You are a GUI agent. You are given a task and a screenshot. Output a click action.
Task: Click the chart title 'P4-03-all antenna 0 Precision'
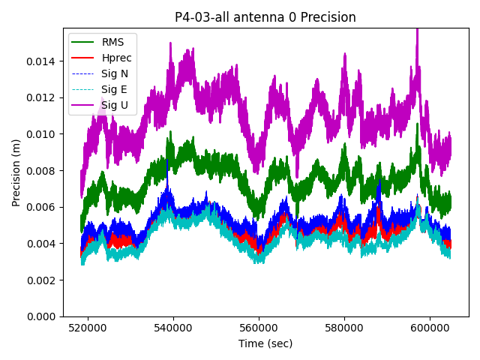(265, 17)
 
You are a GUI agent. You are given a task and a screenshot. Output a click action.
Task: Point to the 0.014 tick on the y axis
(44, 61)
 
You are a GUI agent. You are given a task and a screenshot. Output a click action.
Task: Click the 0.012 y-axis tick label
(44, 97)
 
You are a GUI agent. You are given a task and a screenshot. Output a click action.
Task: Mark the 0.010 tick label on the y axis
(44, 134)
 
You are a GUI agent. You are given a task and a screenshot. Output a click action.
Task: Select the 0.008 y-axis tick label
(44, 170)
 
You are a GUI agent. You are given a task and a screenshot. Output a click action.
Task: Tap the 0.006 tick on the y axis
(44, 207)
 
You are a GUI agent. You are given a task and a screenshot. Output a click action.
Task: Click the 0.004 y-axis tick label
(44, 244)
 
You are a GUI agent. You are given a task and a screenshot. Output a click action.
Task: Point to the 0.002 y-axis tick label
(44, 280)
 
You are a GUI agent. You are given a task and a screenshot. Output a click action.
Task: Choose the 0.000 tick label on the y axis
(44, 316)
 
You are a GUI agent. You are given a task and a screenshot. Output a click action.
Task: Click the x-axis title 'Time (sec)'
(265, 343)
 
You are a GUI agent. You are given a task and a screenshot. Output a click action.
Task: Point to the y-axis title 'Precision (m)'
(16, 172)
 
